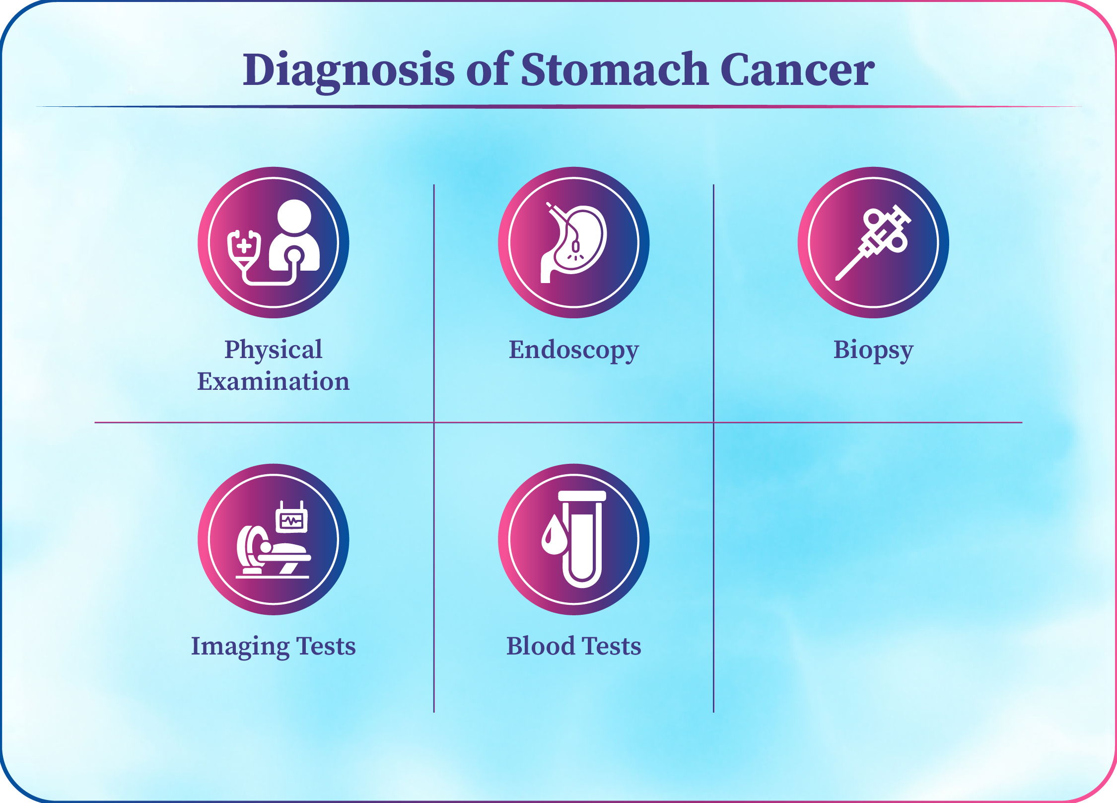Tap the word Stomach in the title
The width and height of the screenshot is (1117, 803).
615,69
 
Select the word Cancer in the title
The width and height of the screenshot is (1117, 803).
797,69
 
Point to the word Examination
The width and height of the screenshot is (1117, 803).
274,381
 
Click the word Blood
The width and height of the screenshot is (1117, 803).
541,646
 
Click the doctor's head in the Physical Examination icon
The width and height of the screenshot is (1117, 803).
294,217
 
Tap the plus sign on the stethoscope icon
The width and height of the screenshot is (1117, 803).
244,246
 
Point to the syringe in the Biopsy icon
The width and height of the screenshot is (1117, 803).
872,242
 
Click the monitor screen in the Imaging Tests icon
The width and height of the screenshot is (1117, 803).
292,521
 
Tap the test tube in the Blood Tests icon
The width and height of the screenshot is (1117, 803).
582,539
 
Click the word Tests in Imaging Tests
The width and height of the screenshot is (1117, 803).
326,646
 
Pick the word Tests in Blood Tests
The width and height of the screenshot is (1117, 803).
612,646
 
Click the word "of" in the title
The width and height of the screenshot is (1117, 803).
489,69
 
